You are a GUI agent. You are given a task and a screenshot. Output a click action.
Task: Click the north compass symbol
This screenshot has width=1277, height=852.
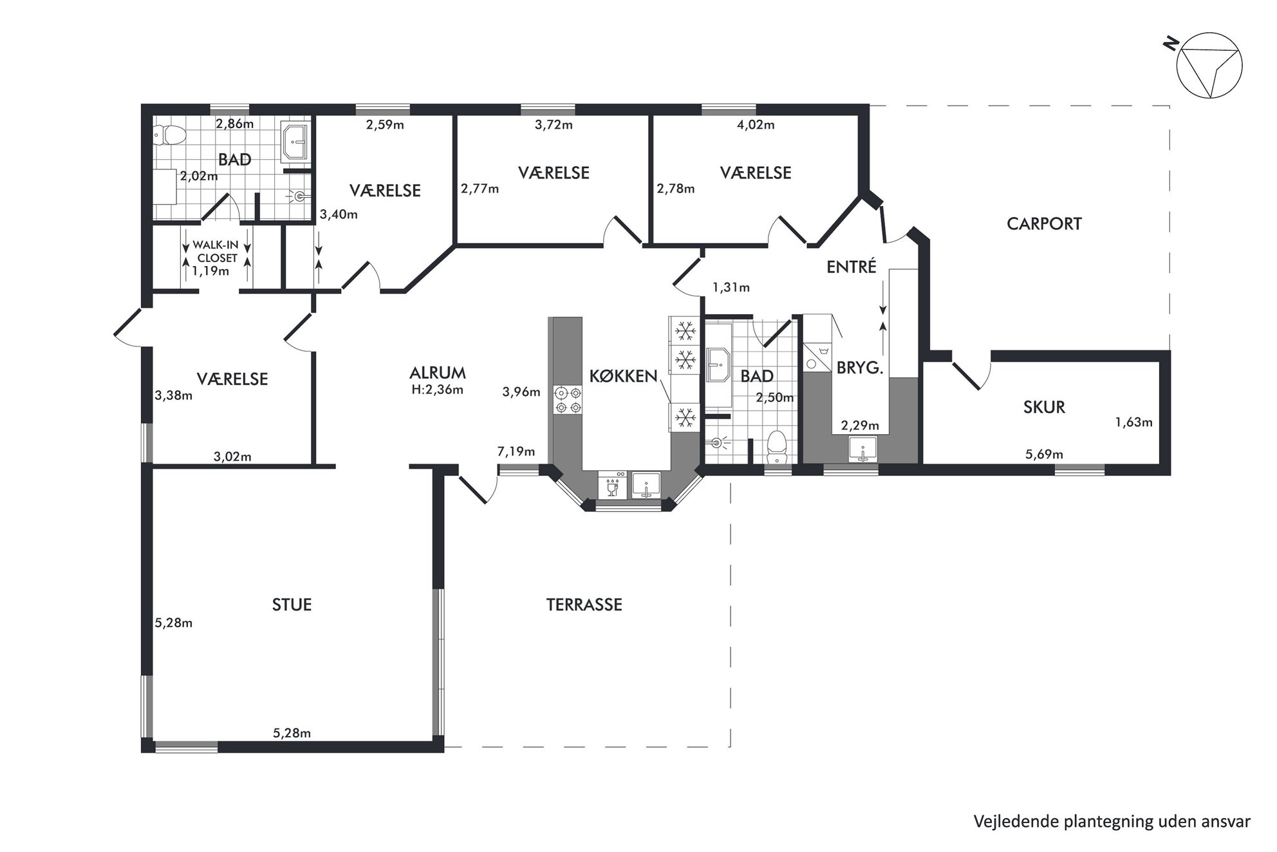coord(1208,65)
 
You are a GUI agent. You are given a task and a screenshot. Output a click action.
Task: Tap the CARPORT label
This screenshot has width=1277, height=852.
coord(1044,224)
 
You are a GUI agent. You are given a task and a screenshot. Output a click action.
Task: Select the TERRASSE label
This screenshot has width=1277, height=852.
coord(584,605)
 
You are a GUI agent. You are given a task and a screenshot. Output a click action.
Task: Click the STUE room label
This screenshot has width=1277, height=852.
coord(292,605)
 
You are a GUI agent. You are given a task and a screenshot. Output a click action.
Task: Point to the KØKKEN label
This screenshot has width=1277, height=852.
coord(624,376)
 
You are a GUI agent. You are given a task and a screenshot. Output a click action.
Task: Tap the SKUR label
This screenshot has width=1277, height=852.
coord(1044,407)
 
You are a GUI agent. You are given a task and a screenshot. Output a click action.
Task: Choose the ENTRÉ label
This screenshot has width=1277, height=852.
coord(852,267)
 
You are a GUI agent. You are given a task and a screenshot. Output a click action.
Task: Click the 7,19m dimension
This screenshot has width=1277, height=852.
coord(516,451)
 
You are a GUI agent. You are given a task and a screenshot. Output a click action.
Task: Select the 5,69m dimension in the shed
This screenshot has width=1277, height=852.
coord(1044,455)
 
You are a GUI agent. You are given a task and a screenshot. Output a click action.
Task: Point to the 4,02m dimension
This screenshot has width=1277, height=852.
coord(756,125)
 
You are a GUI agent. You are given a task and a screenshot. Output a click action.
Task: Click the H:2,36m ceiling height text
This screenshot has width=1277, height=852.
coord(438,389)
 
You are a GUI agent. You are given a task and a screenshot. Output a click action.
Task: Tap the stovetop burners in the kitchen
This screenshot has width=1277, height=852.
coord(567,399)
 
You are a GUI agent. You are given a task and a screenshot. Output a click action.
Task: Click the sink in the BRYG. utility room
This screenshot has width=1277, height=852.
coord(862,449)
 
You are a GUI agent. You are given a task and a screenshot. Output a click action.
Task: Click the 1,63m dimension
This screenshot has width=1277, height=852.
coord(1133,422)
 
